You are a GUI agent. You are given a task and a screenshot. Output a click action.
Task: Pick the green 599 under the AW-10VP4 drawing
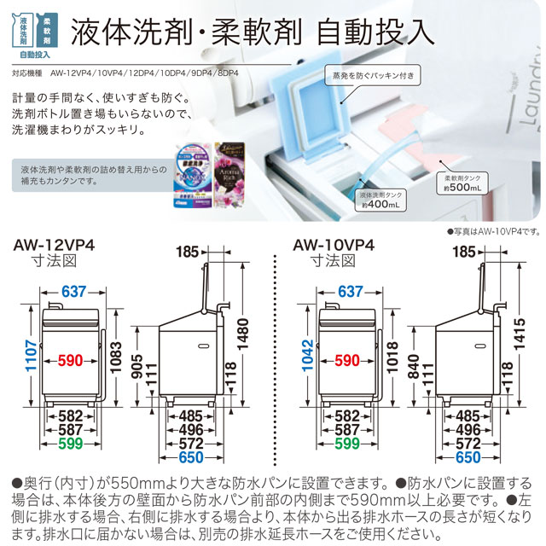pyautogui.click(x=347, y=444)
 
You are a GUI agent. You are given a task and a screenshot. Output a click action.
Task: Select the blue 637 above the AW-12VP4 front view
pyautogui.click(x=74, y=292)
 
